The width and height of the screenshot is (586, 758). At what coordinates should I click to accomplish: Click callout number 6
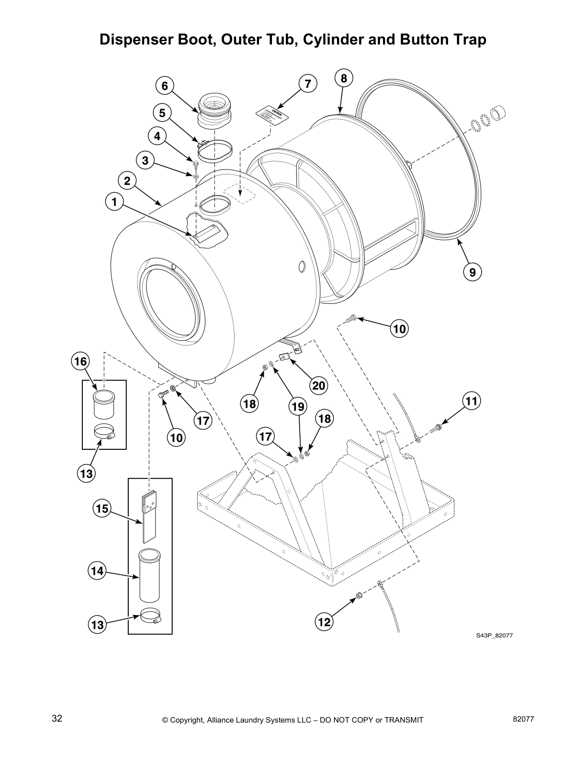[165, 86]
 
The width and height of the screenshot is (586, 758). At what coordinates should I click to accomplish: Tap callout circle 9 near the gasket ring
[472, 272]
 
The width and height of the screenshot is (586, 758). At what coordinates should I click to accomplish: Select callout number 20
[319, 385]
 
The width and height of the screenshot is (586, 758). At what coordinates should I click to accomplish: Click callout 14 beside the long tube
[97, 571]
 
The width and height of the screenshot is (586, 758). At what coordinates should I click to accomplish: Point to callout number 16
[80, 361]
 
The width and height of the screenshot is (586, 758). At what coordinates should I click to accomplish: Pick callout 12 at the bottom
[324, 622]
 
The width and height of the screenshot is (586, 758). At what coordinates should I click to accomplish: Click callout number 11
[472, 401]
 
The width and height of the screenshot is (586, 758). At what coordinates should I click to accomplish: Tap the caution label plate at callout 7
[273, 115]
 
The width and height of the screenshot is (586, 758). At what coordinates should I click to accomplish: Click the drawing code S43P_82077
[494, 635]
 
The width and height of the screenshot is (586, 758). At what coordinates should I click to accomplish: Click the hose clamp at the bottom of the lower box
[151, 616]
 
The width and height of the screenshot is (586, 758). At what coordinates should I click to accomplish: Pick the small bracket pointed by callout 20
[284, 357]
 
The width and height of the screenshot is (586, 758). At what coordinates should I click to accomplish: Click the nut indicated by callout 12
[357, 596]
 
